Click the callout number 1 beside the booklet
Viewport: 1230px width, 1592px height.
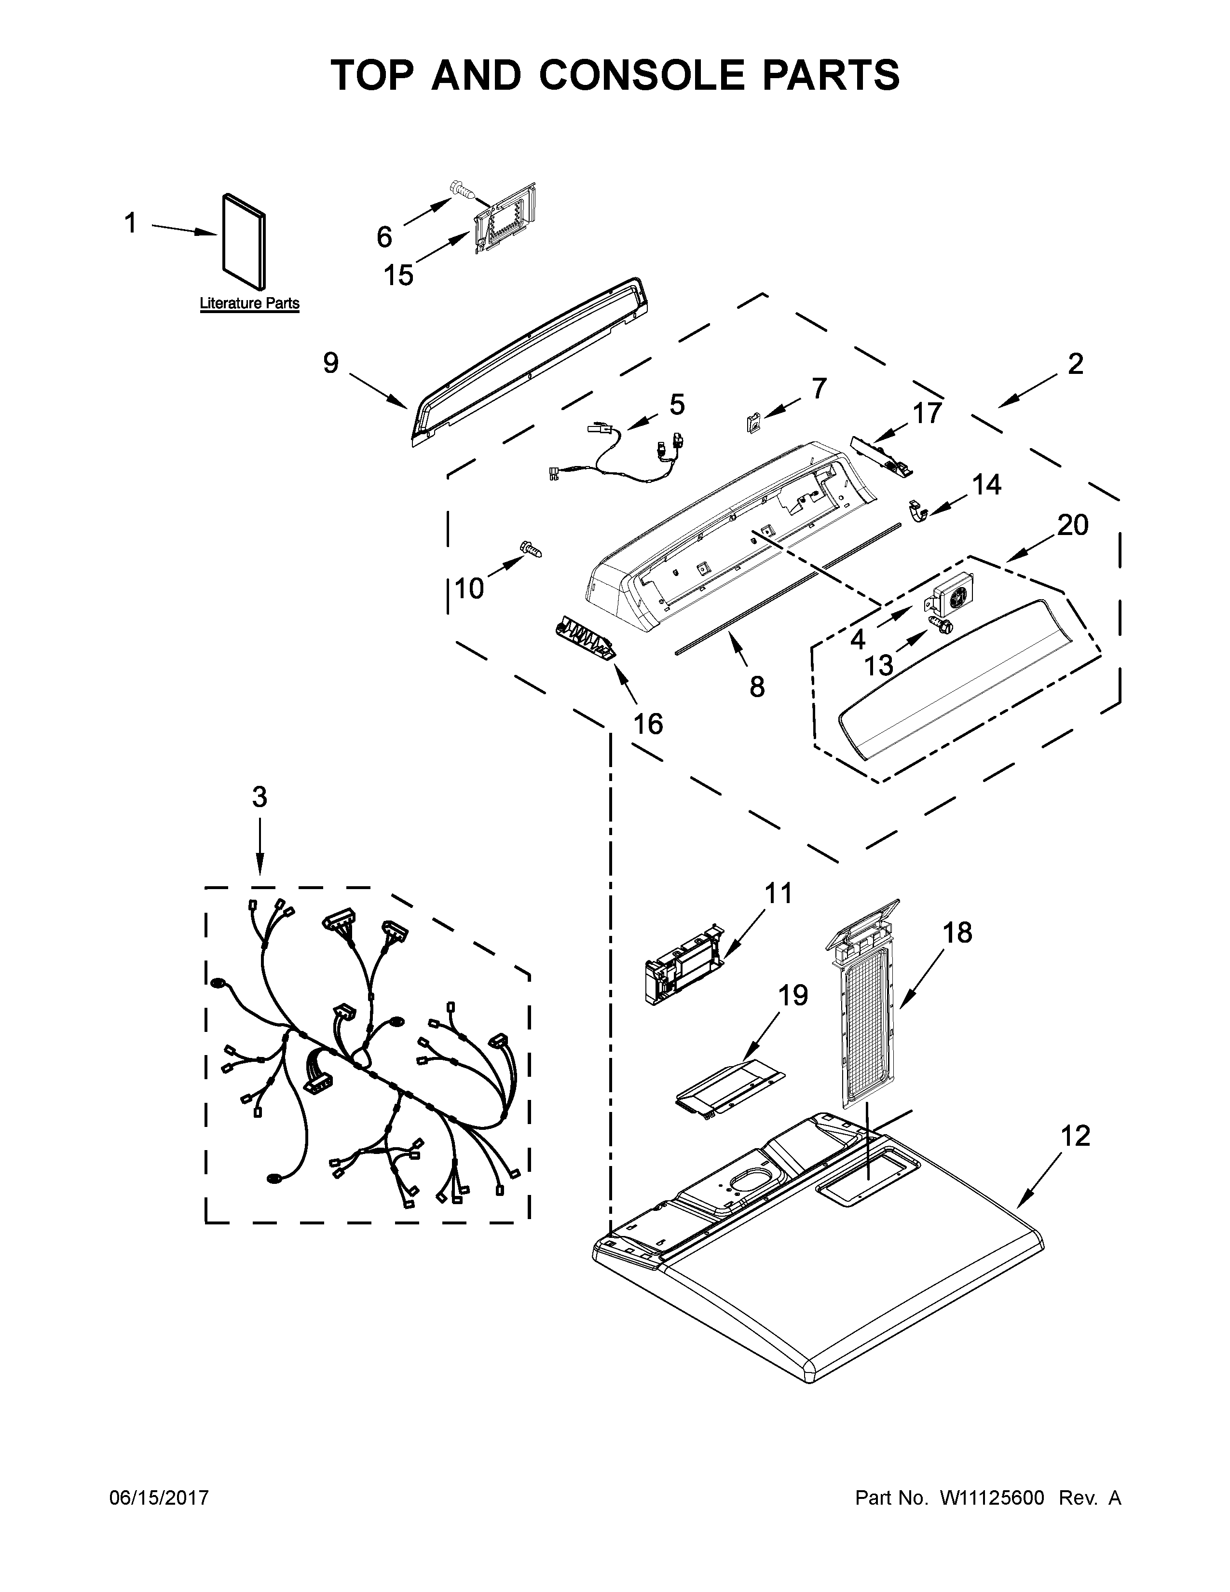point(130,223)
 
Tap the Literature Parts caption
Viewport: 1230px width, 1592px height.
point(249,303)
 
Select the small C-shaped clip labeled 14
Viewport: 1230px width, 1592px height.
point(918,510)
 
